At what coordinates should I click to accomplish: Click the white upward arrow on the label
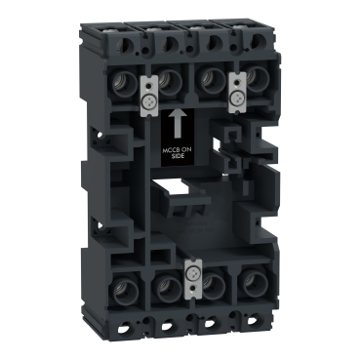[178, 123]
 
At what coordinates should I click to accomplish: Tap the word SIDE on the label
[178, 156]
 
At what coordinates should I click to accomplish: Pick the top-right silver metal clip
[237, 93]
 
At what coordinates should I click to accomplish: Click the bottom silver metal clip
[191, 278]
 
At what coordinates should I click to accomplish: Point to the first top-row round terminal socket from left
[123, 85]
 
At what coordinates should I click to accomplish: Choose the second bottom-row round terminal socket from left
[168, 285]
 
